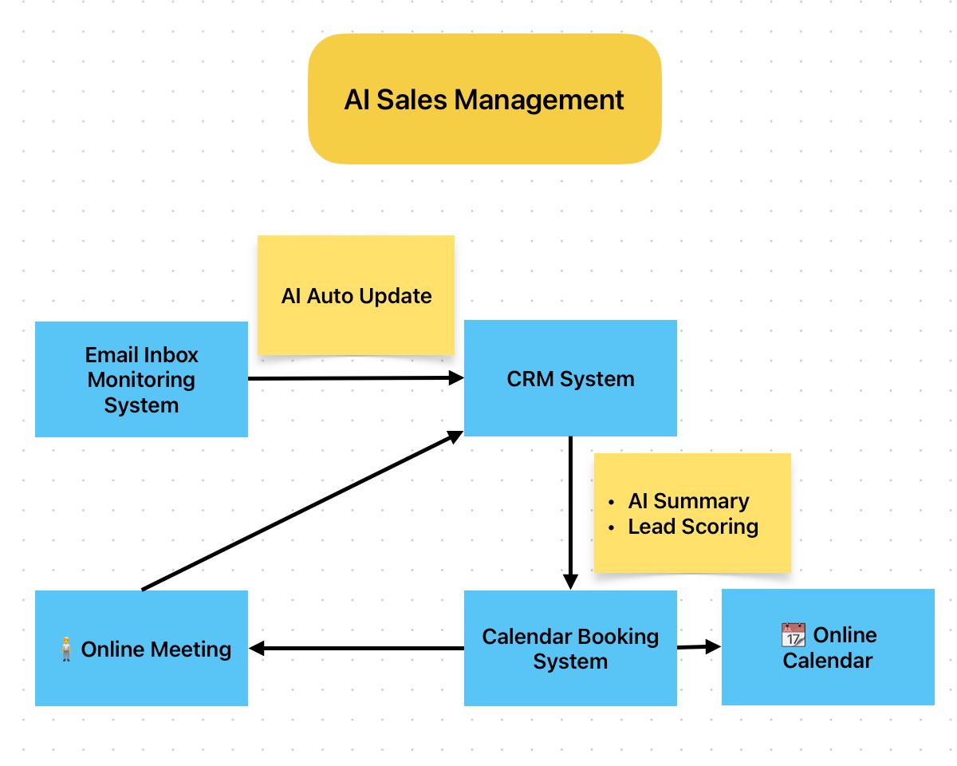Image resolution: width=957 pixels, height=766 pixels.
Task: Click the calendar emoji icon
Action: pyautogui.click(x=793, y=636)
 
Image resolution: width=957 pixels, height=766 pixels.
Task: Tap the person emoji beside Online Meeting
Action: pyautogui.click(x=66, y=650)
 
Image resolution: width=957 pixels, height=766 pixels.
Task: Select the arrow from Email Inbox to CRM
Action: pyautogui.click(x=355, y=378)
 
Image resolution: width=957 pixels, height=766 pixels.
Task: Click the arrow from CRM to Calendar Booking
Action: pyautogui.click(x=570, y=511)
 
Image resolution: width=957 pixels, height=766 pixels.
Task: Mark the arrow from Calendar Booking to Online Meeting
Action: pyautogui.click(x=356, y=649)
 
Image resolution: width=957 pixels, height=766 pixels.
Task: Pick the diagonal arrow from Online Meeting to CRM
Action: pyautogui.click(x=303, y=511)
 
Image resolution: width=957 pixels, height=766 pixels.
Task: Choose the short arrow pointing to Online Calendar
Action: pyautogui.click(x=699, y=647)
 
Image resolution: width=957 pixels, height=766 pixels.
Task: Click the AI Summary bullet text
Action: pyautogui.click(x=688, y=501)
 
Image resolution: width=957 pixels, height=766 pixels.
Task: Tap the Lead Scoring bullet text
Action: pyautogui.click(x=693, y=527)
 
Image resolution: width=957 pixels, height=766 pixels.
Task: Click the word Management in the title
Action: pyautogui.click(x=539, y=100)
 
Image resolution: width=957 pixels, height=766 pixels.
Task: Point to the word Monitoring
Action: pyautogui.click(x=141, y=380)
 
